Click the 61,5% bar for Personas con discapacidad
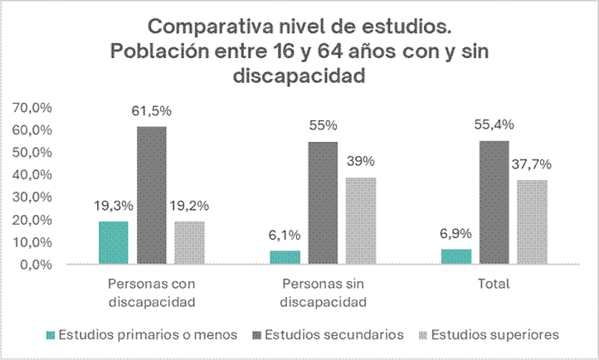(152, 196)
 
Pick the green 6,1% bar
(285, 258)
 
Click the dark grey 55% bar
(323, 203)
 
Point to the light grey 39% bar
(361, 221)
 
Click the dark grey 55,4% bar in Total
(494, 202)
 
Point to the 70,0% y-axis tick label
(32, 108)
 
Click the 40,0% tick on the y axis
(32, 175)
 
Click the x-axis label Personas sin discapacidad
(323, 290)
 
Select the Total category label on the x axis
(494, 283)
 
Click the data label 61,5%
(152, 111)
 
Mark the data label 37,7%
(532, 164)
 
